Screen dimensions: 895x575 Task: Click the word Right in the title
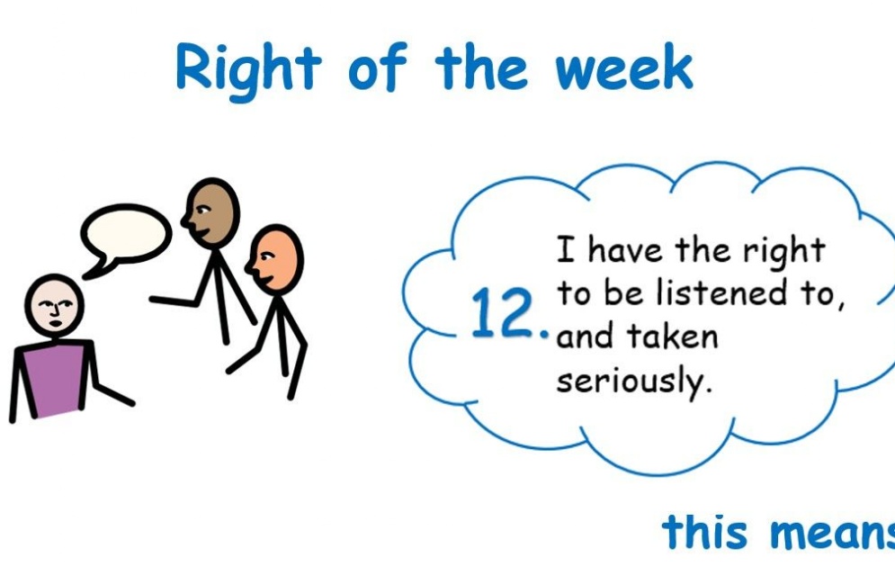click(x=249, y=71)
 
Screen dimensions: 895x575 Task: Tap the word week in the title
click(x=624, y=67)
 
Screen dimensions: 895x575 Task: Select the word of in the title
click(x=378, y=67)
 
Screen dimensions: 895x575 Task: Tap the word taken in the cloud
click(x=673, y=336)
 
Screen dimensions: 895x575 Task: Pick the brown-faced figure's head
click(x=211, y=212)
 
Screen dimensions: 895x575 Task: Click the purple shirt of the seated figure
click(x=55, y=377)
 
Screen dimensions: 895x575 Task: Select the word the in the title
click(x=481, y=67)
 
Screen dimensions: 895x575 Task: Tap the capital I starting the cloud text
click(x=566, y=249)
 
